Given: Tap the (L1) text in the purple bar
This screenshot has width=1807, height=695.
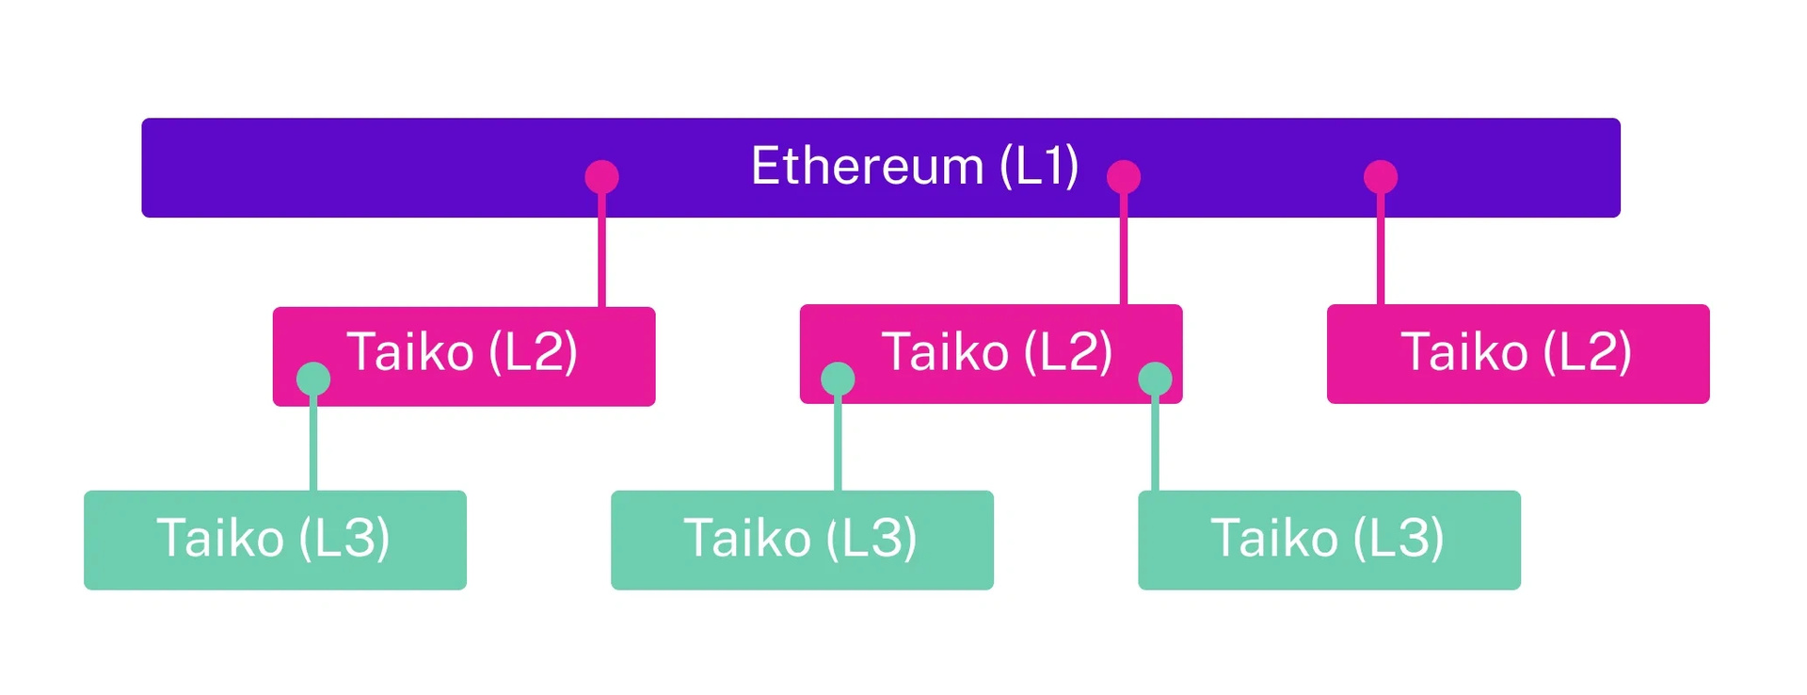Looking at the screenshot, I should pyautogui.click(x=1038, y=167).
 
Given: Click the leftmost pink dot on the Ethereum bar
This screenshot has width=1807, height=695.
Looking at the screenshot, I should pyautogui.click(x=601, y=177).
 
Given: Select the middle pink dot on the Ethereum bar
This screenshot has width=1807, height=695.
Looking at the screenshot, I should pyautogui.click(x=1124, y=177).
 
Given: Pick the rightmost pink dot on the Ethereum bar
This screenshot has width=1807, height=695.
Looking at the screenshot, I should pyautogui.click(x=1381, y=177).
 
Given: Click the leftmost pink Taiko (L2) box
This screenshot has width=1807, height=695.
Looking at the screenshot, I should pyautogui.click(x=464, y=356).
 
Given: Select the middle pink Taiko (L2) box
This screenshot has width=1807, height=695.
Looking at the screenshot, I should pyautogui.click(x=991, y=354).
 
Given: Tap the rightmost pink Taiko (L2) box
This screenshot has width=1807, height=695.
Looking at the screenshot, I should pyautogui.click(x=1518, y=354).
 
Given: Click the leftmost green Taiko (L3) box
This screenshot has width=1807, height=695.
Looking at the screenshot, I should pyautogui.click(x=275, y=540).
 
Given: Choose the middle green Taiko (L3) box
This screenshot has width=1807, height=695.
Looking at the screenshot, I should pyautogui.click(x=802, y=540).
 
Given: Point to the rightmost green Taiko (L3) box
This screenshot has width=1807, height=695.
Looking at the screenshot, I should pyautogui.click(x=1329, y=540).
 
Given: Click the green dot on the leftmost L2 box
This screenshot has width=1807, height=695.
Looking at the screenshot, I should pyautogui.click(x=313, y=379).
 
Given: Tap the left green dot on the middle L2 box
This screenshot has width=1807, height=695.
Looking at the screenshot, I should pyautogui.click(x=838, y=379).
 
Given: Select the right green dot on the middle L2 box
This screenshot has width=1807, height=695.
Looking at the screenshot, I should pyautogui.click(x=1155, y=379).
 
